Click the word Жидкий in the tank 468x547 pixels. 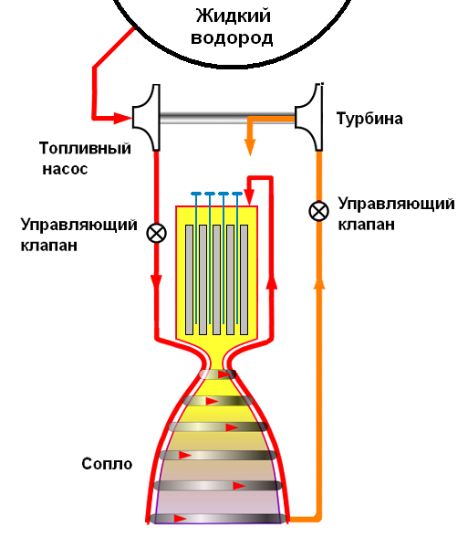[x=234, y=16]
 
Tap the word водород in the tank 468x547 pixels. [x=234, y=38]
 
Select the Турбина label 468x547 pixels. [x=369, y=120]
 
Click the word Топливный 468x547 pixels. [x=86, y=148]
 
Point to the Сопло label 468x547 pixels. [x=106, y=464]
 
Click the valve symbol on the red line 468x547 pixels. [x=157, y=232]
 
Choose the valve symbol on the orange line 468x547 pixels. [x=318, y=211]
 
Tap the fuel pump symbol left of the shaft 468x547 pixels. [x=146, y=118]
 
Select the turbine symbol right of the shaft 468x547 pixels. [x=310, y=118]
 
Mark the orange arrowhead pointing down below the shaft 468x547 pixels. [x=248, y=147]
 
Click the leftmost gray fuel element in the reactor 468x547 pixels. [x=189, y=279]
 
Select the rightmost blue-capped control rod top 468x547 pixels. [x=236, y=195]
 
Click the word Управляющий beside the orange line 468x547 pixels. [x=395, y=203]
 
